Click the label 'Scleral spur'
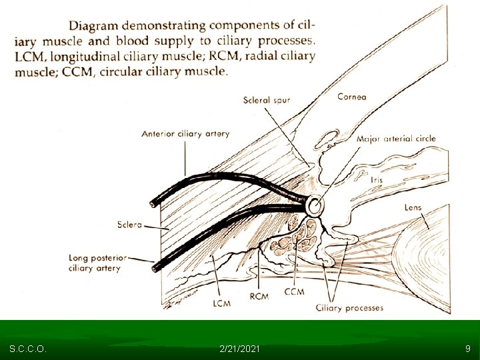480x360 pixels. (x=267, y=101)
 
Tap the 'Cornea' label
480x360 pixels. (x=351, y=97)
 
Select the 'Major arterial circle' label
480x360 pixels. (x=396, y=139)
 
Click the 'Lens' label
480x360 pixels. (x=413, y=208)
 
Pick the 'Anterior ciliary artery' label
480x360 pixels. (x=185, y=133)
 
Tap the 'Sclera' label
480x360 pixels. (x=129, y=225)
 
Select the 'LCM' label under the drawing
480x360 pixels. (x=221, y=303)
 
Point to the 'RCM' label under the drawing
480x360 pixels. (x=258, y=296)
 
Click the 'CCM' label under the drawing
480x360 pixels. (x=294, y=291)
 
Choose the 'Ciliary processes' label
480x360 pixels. (x=350, y=307)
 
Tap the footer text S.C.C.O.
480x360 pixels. (x=27, y=349)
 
